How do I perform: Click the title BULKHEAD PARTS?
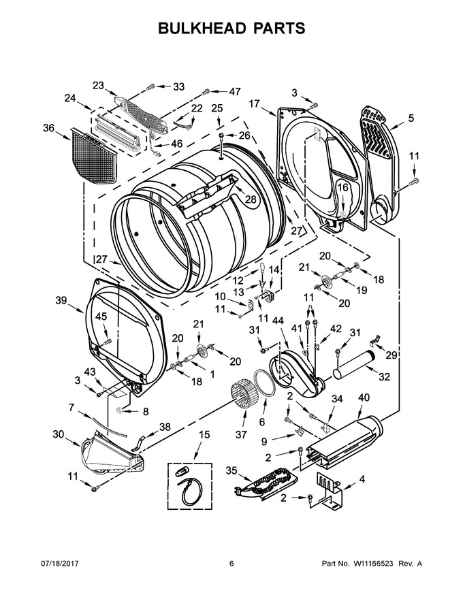[231, 29]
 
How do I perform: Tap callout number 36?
[48, 128]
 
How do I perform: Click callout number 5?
[411, 118]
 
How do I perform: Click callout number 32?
[384, 376]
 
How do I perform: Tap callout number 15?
[204, 434]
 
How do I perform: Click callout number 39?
[61, 300]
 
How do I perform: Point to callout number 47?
[235, 92]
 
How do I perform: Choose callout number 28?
[250, 199]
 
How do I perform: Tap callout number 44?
[278, 321]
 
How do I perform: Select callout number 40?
[364, 398]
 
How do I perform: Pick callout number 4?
[362, 479]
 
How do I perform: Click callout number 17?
[255, 103]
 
